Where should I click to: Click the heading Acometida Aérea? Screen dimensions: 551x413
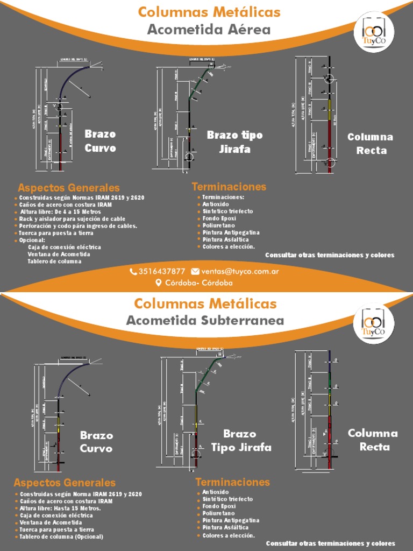coord(209,30)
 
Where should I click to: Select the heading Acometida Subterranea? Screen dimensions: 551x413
coord(205,321)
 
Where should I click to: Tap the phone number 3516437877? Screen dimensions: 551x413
coord(162,272)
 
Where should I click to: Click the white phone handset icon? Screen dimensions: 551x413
coord(133,272)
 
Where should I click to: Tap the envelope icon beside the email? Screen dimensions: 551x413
coord(195,272)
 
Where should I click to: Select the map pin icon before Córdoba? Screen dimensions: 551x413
coord(159,282)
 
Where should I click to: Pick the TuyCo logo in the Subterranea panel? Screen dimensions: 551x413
coord(374,324)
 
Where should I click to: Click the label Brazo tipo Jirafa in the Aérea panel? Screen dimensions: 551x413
coord(235,142)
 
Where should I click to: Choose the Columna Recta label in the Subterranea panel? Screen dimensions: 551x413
coord(373,440)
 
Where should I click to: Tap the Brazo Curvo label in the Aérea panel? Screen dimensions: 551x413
coord(100,141)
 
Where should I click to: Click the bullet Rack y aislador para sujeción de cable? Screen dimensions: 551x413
coord(72,219)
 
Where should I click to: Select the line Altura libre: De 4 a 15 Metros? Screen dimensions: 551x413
coord(60,212)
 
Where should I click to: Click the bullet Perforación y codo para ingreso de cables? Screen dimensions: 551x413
coord(78,226)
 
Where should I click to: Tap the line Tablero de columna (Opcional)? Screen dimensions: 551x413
coord(61,536)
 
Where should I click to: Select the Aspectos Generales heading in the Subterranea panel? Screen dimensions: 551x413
coord(65,483)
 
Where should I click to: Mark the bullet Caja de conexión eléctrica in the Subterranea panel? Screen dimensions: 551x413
coord(56,515)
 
